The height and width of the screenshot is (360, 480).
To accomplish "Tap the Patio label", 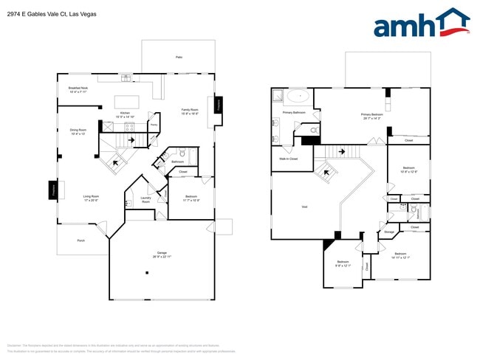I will tap(179, 57).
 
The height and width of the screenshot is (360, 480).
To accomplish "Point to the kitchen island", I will tap(127, 101).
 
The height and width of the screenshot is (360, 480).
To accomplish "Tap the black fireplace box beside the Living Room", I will tap(53, 190).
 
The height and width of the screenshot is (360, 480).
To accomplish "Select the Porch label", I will tap(80, 240).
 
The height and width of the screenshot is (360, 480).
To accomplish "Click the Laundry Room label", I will tap(145, 199).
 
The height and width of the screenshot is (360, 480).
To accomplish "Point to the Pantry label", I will tap(154, 125).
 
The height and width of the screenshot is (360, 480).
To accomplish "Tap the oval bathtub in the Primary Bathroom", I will tap(298, 96).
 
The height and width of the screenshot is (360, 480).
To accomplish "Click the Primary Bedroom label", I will tap(371, 116).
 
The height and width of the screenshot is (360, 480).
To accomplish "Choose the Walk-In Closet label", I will tap(289, 159).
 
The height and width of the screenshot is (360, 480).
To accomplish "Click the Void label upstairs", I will tap(304, 207).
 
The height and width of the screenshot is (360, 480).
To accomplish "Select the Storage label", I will tap(389, 232).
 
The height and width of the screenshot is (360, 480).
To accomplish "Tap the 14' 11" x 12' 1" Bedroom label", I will tap(400, 255).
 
